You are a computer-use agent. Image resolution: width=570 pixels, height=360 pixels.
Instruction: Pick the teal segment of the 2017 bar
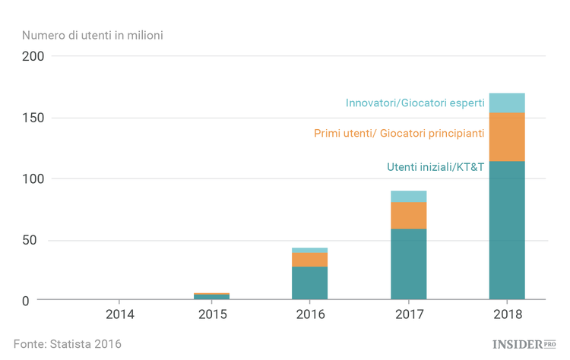point(408,264)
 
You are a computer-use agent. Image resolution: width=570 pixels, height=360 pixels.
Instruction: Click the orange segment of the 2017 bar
point(408,215)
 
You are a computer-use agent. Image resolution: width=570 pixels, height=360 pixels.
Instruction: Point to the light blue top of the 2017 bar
point(408,196)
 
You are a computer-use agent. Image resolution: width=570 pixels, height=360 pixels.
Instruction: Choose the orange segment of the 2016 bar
point(310,260)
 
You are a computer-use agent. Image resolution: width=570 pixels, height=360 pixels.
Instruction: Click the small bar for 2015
point(212,296)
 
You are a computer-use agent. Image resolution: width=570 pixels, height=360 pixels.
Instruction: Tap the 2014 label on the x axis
point(120,314)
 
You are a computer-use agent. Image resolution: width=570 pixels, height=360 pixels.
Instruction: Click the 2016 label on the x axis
point(310,314)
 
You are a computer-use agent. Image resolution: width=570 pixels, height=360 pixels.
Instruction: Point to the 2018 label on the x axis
point(507,314)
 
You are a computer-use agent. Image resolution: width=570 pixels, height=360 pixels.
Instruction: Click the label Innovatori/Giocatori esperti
point(414,103)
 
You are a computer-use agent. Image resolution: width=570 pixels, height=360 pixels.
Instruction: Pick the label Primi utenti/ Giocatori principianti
point(399,134)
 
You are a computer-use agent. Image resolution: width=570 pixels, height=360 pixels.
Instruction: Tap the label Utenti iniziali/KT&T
point(435,167)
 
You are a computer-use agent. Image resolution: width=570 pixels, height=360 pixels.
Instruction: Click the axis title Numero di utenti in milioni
point(92,35)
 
